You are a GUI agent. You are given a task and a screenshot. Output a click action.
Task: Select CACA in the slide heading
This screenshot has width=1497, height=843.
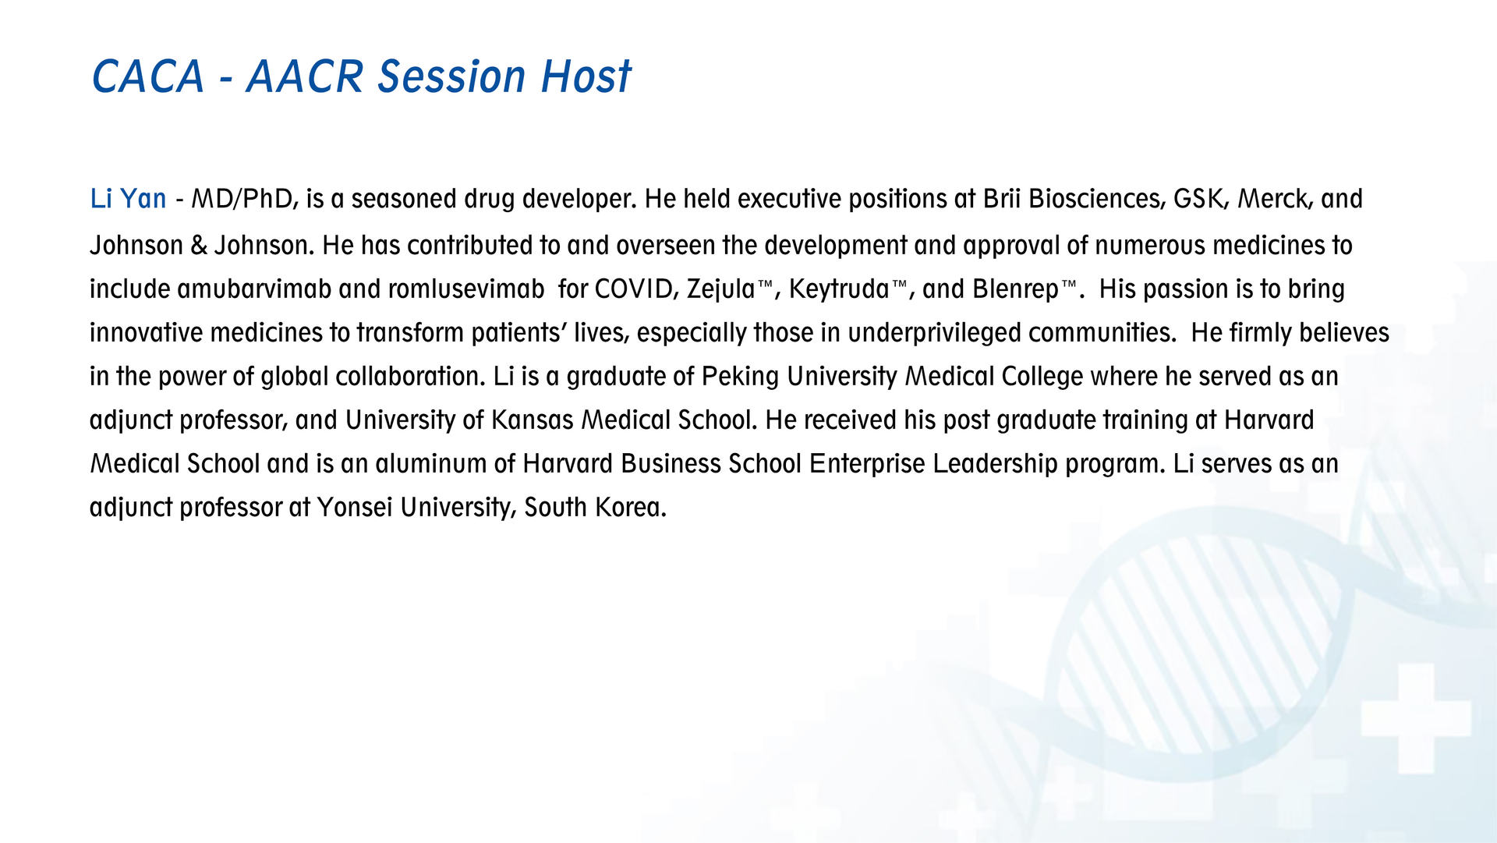coord(148,76)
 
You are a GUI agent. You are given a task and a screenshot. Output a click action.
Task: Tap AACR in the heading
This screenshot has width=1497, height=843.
coord(306,76)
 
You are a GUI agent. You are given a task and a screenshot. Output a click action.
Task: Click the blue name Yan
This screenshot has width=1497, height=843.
coord(143,199)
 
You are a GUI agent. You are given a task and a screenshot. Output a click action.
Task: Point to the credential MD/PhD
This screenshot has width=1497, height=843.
coord(245,200)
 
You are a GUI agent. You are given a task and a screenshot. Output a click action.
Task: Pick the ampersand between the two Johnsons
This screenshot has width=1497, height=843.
coord(199,246)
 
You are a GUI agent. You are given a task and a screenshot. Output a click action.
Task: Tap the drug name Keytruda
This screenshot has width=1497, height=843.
coord(839,290)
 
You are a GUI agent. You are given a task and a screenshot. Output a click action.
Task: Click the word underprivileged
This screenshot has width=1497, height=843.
coord(934,334)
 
